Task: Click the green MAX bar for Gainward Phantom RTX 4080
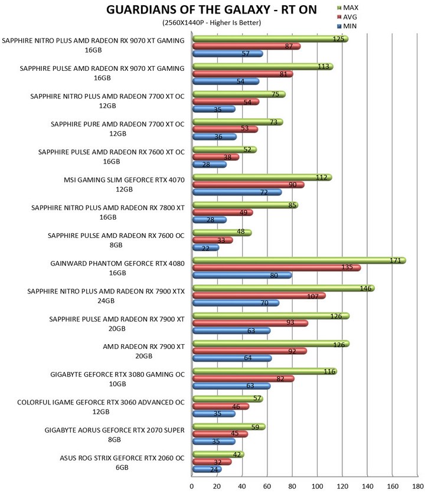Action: pyautogui.click(x=299, y=260)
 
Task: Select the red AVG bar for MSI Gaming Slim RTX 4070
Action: pyautogui.click(x=249, y=185)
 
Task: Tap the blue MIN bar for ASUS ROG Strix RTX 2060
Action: pyautogui.click(x=207, y=469)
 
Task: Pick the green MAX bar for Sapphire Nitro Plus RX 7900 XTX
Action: pyautogui.click(x=283, y=288)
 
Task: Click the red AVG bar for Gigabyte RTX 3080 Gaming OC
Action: pyautogui.click(x=243, y=379)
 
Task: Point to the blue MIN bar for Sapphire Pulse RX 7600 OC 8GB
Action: pyautogui.click(x=205, y=248)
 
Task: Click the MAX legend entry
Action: pyautogui.click(x=348, y=8)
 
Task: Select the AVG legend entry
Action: pyautogui.click(x=347, y=17)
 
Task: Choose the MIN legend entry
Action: pyautogui.click(x=346, y=26)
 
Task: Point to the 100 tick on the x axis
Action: pyautogui.click(x=317, y=486)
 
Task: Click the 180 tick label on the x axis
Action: pyautogui.click(x=418, y=486)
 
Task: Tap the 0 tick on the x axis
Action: pyautogui.click(x=192, y=486)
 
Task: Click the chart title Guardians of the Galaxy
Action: pyautogui.click(x=211, y=10)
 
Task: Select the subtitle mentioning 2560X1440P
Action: pyautogui.click(x=211, y=22)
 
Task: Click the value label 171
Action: pyautogui.click(x=395, y=260)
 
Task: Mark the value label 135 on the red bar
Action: pyautogui.click(x=347, y=267)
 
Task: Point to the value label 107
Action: pyautogui.click(x=313, y=296)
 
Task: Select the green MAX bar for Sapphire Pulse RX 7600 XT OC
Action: pyautogui.click(x=224, y=149)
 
